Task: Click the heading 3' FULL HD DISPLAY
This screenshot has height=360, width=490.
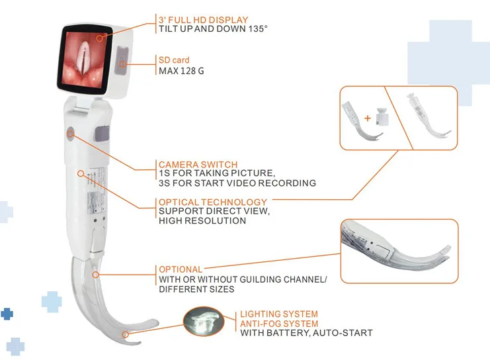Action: [203, 19]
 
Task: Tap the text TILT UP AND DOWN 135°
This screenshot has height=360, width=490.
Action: [206, 30]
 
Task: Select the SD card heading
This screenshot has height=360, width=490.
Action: [174, 60]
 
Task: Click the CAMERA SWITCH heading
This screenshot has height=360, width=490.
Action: [198, 164]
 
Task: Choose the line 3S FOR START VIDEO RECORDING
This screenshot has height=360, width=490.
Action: [237, 183]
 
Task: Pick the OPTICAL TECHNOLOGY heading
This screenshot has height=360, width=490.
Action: [213, 202]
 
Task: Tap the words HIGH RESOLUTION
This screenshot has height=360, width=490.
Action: [202, 221]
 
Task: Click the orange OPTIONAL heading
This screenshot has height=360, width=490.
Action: [181, 269]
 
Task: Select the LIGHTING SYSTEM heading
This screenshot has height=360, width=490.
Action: [278, 314]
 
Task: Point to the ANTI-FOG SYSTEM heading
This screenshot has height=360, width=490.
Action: [278, 324]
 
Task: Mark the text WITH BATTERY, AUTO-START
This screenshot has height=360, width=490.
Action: [306, 333]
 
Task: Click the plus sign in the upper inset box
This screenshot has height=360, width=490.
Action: [367, 118]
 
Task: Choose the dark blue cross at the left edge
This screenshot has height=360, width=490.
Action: [7, 314]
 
